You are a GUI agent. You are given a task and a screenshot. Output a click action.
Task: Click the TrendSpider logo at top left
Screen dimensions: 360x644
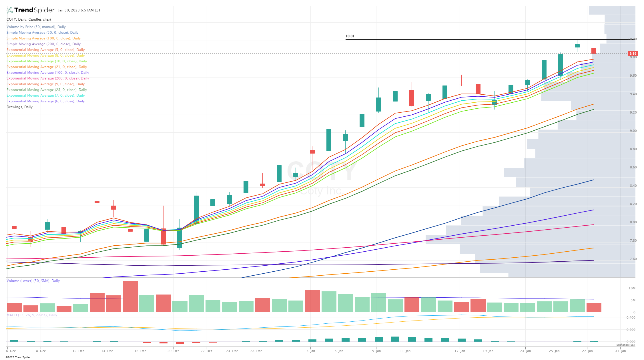(30, 10)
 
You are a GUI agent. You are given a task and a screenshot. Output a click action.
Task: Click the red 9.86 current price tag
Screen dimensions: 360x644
(633, 53)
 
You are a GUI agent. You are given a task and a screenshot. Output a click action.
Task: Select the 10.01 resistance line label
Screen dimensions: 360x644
(350, 36)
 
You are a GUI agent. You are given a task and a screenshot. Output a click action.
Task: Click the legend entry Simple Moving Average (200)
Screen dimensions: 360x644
(43, 44)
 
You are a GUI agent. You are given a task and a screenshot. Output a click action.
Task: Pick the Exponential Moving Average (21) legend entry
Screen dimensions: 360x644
(47, 67)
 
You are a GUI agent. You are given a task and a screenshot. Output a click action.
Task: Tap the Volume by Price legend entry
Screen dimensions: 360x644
(36, 27)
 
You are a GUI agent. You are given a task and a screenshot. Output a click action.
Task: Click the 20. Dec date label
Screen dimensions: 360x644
(173, 351)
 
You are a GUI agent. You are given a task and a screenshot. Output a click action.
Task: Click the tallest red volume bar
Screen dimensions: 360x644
(130, 296)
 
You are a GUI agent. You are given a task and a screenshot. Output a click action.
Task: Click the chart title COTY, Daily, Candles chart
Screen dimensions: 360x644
(29, 19)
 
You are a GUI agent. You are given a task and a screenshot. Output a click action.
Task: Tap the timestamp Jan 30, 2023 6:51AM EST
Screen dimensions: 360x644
(79, 10)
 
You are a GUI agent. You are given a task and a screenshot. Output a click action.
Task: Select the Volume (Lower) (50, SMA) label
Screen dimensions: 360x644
(33, 281)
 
